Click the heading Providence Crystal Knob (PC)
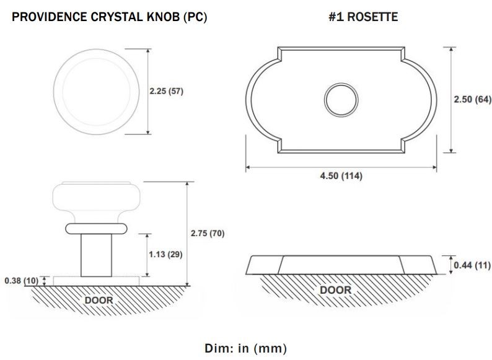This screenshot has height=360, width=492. [109, 17]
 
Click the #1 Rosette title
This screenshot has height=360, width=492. [363, 17]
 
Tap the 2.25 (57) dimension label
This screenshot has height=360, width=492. [166, 91]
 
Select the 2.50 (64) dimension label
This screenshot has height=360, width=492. [473, 100]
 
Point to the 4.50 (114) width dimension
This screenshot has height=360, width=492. [341, 176]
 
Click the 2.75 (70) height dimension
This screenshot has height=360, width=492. [208, 233]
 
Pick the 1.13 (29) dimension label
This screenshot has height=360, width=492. [165, 254]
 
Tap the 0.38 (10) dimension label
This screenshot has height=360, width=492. [21, 280]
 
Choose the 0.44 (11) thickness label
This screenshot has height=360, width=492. [472, 265]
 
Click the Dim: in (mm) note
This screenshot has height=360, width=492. [245, 348]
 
